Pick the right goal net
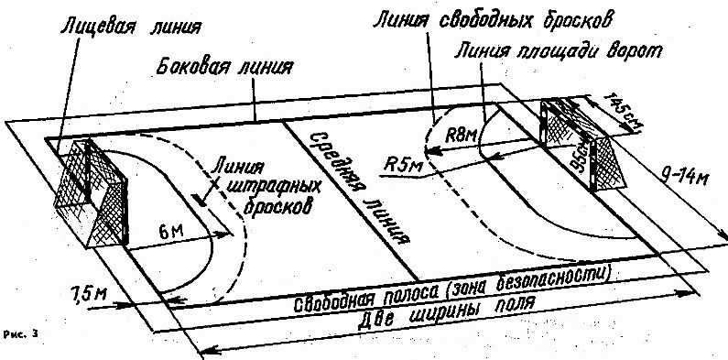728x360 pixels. tap(586, 147)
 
